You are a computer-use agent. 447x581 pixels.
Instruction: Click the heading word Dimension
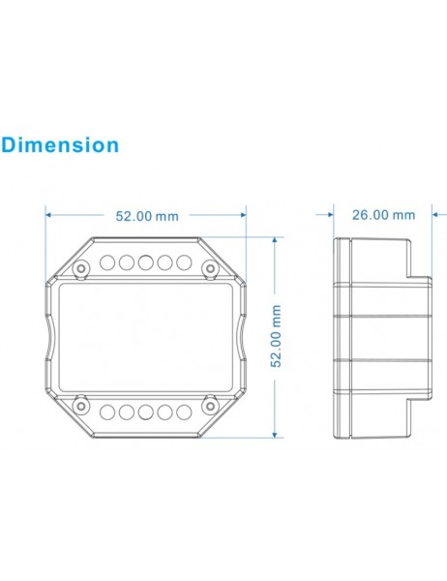tap(60, 145)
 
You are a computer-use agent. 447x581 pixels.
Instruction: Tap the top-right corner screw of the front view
tap(210, 266)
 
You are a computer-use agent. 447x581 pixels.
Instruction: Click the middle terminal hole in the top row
tap(145, 261)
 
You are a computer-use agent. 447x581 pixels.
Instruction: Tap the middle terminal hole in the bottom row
tap(145, 412)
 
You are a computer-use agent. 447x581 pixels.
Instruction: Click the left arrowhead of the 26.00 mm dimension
tap(337, 214)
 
